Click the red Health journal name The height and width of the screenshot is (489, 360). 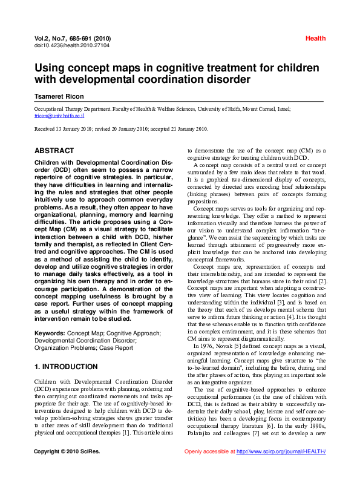click(315, 38)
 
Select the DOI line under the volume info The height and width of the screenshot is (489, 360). click(65, 45)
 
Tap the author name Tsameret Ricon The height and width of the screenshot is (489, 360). click(60, 96)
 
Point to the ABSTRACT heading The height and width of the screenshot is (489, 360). click(54, 150)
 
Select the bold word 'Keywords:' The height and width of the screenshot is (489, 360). click(51, 333)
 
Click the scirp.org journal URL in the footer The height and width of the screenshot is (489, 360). click(281, 468)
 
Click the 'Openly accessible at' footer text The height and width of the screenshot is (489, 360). click(209, 468)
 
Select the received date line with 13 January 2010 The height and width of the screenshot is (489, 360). click(121, 128)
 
